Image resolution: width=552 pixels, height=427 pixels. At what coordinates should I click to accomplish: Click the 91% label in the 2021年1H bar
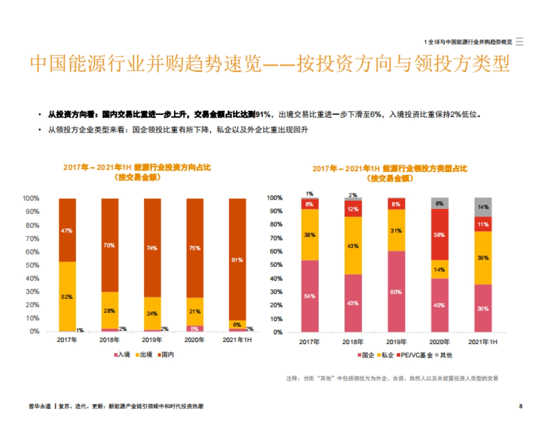pyautogui.click(x=237, y=260)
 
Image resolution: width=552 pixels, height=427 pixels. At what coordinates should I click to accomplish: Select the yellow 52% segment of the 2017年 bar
pyautogui.click(x=67, y=296)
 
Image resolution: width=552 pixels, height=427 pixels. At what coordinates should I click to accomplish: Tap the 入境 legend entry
pyautogui.click(x=122, y=355)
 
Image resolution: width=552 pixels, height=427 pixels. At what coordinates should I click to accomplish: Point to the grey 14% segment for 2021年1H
pyautogui.click(x=483, y=207)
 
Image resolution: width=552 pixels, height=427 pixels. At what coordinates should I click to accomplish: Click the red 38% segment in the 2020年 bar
pyautogui.click(x=439, y=234)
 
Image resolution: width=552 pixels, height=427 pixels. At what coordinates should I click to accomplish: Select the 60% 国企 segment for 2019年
pyautogui.click(x=396, y=292)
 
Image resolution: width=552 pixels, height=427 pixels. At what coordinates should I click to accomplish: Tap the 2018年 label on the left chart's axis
pyautogui.click(x=109, y=340)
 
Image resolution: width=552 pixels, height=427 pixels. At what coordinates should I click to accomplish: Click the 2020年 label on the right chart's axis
pyautogui.click(x=439, y=342)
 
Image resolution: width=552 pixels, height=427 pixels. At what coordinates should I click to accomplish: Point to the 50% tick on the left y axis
pyautogui.click(x=31, y=265)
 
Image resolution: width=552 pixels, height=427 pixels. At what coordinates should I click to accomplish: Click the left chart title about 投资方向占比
pyautogui.click(x=137, y=172)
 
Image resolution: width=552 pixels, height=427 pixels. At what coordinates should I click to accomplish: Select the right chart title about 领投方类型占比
pyautogui.click(x=390, y=173)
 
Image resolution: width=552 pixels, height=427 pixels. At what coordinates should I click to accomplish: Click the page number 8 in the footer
pyautogui.click(x=521, y=406)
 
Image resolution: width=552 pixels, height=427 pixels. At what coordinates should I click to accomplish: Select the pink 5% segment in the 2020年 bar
pyautogui.click(x=195, y=329)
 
